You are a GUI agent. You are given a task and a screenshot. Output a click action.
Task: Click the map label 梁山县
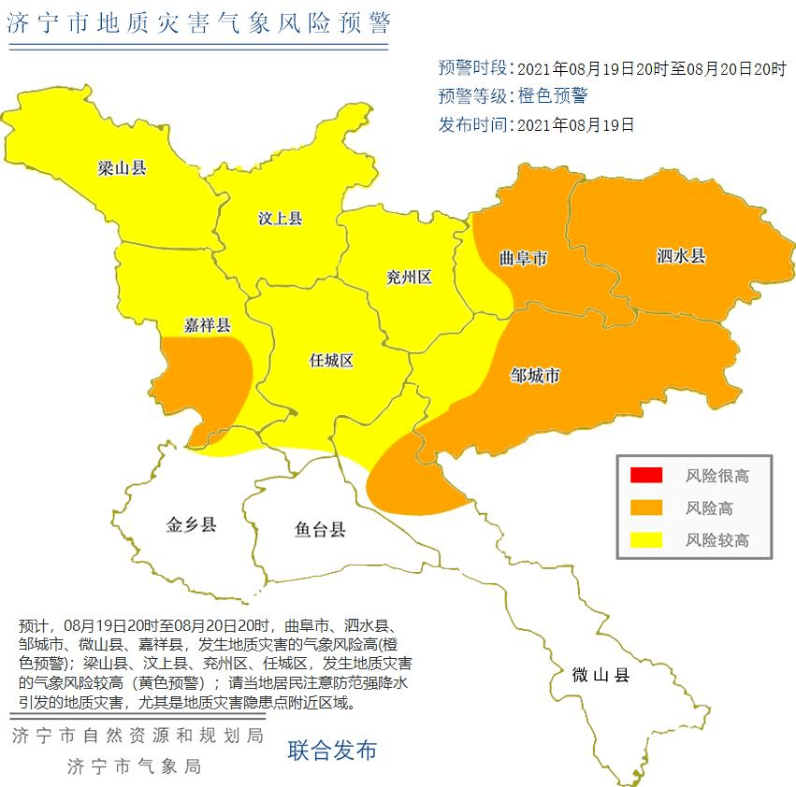tap(123, 168)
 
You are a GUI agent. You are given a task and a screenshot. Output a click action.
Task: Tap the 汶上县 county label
tap(280, 219)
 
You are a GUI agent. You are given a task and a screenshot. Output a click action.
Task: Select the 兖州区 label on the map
tap(409, 277)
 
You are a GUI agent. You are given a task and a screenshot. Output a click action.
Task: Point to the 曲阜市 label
tap(523, 258)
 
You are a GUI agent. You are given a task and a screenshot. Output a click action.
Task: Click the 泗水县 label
tap(680, 254)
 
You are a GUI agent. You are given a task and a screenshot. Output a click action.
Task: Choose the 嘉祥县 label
tap(207, 325)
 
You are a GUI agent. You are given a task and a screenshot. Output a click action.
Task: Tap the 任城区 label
tap(331, 360)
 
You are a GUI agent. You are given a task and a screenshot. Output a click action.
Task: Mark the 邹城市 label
tap(535, 376)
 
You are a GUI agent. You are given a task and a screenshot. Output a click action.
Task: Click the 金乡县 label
tap(192, 524)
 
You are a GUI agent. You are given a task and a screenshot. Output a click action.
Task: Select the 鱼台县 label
tap(320, 530)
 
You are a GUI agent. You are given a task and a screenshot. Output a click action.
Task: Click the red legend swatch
tap(645, 475)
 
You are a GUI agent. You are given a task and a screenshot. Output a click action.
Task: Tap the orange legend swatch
tap(645, 507)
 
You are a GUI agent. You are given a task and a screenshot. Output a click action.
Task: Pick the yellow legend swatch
tap(645, 539)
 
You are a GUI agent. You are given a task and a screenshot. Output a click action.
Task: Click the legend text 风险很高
tap(717, 476)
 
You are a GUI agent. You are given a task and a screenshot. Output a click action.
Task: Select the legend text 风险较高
tap(717, 540)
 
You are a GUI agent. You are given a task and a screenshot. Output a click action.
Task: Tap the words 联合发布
tap(332, 749)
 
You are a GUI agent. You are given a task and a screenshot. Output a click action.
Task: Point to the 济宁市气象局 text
tap(135, 766)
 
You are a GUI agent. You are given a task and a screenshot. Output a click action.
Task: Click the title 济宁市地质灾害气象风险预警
tap(198, 23)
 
